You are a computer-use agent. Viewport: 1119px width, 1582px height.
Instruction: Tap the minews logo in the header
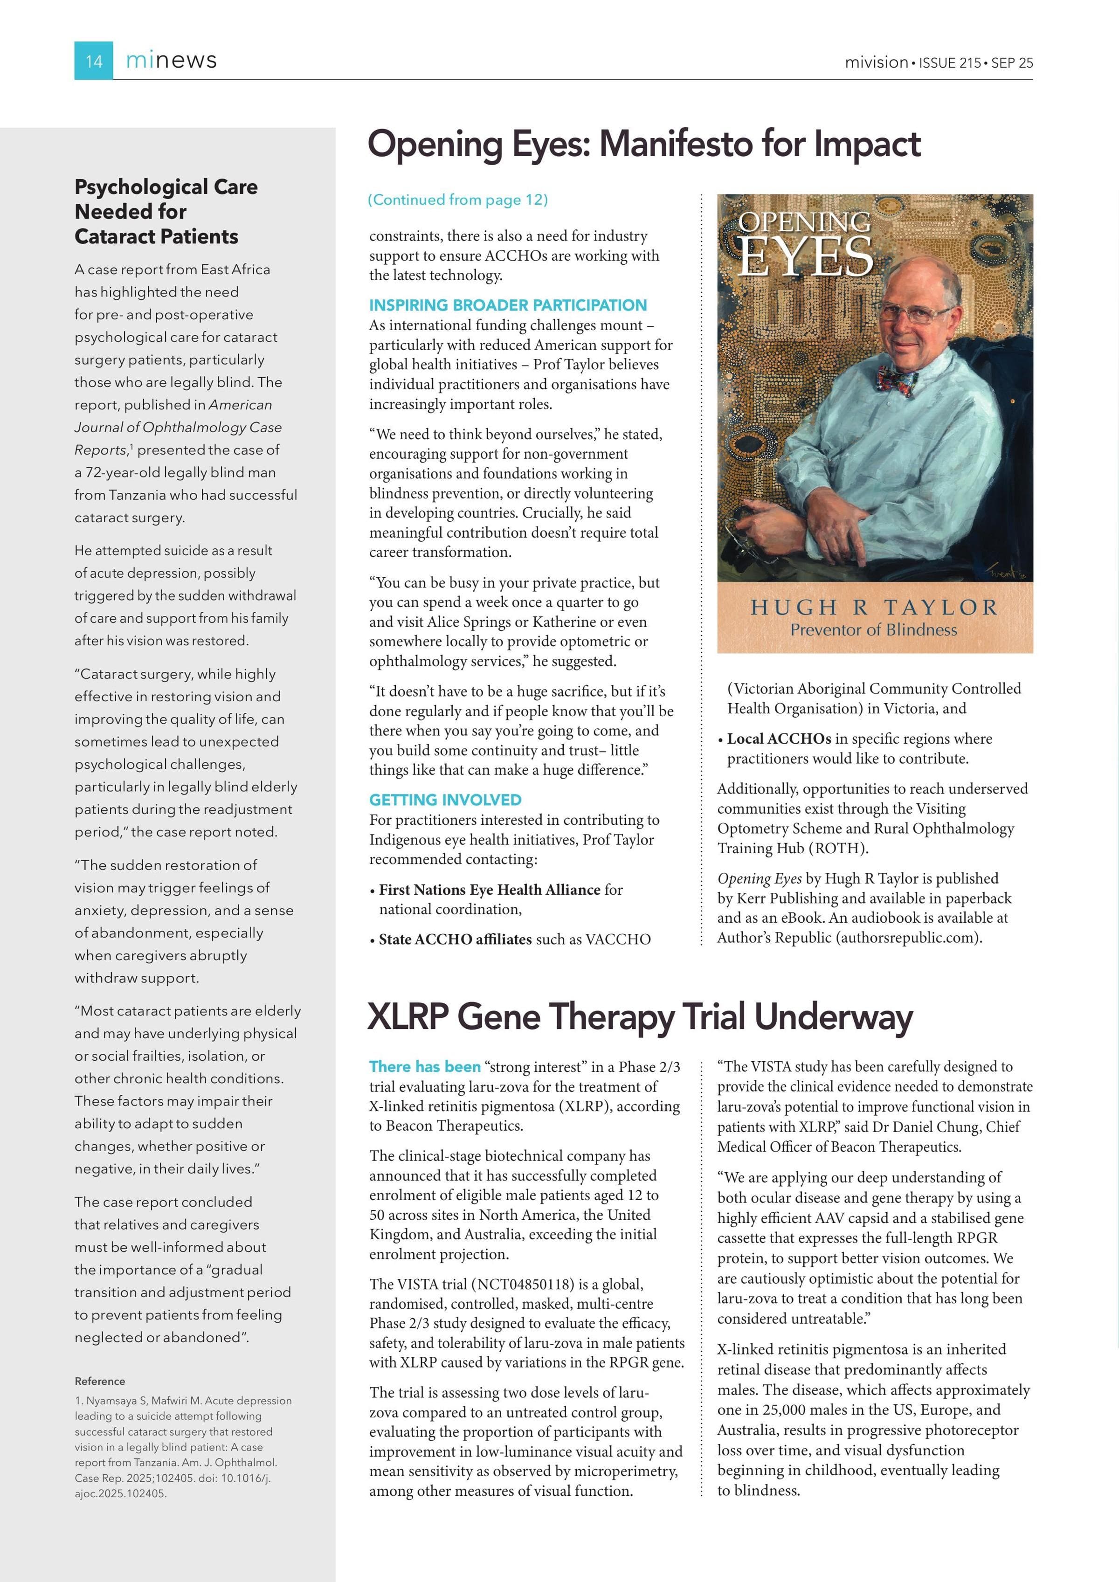[x=171, y=61]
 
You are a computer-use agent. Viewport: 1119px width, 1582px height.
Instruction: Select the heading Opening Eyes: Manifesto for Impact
[x=643, y=145]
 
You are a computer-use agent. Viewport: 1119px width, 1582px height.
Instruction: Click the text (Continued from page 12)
[x=457, y=200]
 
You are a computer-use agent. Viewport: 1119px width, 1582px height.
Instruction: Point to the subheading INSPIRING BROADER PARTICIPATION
[x=508, y=305]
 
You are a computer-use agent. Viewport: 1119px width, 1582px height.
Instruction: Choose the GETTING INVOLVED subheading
[x=445, y=800]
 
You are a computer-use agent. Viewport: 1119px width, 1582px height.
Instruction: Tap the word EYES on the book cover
[x=805, y=257]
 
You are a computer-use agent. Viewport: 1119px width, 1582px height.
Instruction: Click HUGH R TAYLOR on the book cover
[x=874, y=607]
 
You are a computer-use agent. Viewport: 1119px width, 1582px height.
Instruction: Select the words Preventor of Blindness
[x=874, y=630]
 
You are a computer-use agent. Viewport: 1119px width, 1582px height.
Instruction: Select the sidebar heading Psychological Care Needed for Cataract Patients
[x=166, y=212]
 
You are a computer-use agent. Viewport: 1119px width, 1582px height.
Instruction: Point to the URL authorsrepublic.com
[x=907, y=938]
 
